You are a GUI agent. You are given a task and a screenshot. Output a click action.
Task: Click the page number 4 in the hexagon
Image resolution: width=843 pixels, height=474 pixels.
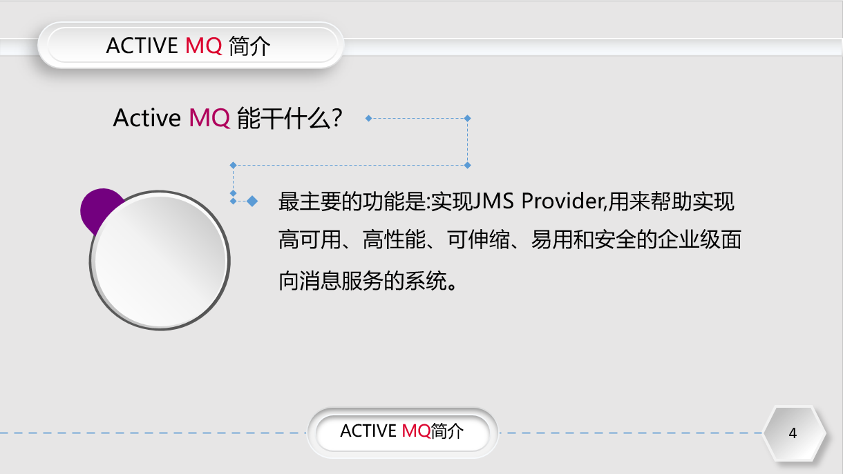tap(793, 433)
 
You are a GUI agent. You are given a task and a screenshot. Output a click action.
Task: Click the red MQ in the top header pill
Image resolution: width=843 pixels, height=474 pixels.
tap(204, 46)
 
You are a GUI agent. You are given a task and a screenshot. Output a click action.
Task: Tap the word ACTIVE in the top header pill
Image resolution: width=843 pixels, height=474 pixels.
tap(142, 46)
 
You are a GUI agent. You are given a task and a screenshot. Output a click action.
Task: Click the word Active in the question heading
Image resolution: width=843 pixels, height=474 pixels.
tap(146, 118)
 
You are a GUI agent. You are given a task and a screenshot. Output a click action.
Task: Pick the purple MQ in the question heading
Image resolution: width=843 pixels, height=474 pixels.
tap(209, 118)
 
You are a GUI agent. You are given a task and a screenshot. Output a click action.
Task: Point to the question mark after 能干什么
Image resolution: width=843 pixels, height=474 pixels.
tap(337, 118)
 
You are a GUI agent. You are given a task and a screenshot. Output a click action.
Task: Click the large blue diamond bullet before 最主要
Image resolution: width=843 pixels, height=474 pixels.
tap(252, 201)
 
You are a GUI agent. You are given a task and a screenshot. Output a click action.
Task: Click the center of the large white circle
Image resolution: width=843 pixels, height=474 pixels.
tap(160, 260)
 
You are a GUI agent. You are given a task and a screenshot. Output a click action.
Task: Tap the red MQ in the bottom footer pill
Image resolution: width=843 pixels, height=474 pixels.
tap(416, 431)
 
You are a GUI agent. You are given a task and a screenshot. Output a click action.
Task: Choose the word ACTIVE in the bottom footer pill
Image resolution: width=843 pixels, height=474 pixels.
tap(369, 431)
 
